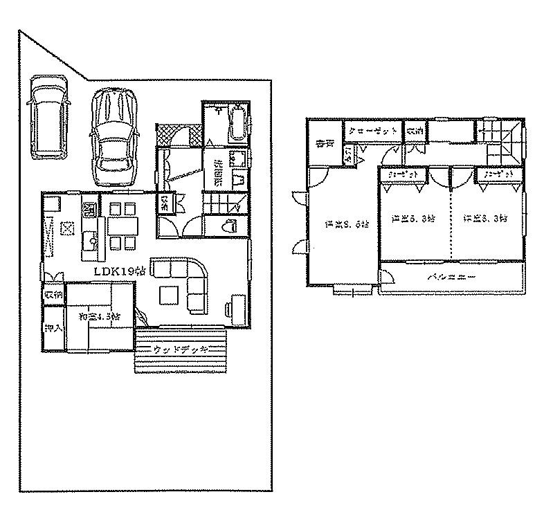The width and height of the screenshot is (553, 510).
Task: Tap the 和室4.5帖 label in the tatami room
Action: coord(100,316)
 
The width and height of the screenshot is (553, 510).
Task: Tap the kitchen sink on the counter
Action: coord(90,239)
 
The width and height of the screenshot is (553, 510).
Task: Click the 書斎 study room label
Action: coord(322,144)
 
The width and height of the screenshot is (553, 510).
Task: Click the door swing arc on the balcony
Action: coord(388,277)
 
